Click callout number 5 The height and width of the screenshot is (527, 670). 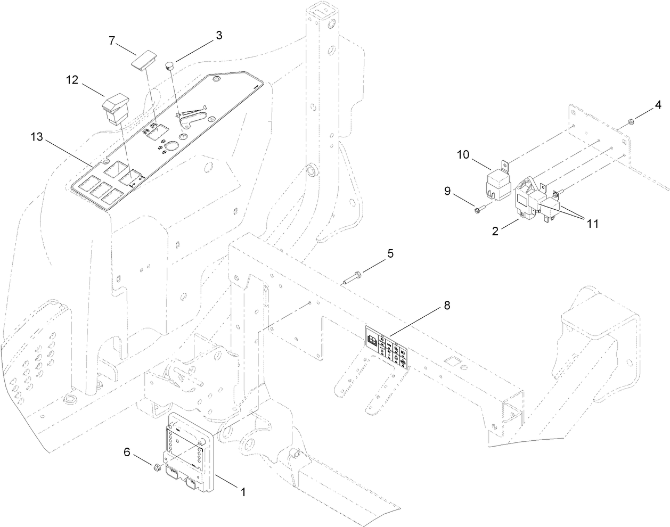[x=390, y=253]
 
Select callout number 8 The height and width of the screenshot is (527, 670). [x=446, y=306]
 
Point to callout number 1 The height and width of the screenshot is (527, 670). [x=243, y=491]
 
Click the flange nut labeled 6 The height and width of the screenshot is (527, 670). [x=157, y=468]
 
